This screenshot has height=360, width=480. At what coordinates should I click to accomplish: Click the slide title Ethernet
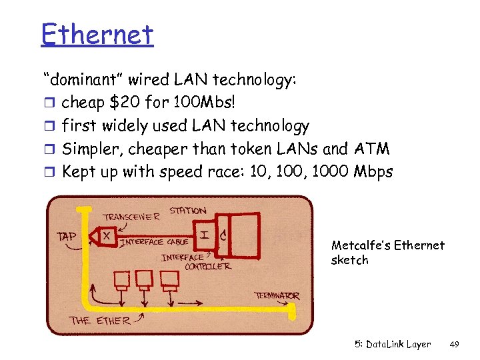[97, 34]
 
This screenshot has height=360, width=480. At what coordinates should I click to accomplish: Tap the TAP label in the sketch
[67, 236]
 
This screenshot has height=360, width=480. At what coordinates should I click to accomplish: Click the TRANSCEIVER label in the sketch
[131, 215]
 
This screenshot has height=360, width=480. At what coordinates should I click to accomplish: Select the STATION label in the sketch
[187, 211]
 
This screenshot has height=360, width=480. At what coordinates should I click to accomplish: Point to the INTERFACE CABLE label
[153, 242]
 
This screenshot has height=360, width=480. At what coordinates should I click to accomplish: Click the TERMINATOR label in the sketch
[276, 295]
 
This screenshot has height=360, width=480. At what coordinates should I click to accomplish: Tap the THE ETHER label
[101, 320]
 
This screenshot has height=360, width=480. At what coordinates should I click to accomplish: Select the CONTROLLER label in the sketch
[207, 266]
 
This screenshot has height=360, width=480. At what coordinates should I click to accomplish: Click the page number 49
[455, 345]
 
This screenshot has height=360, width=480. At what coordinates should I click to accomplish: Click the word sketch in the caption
[349, 260]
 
